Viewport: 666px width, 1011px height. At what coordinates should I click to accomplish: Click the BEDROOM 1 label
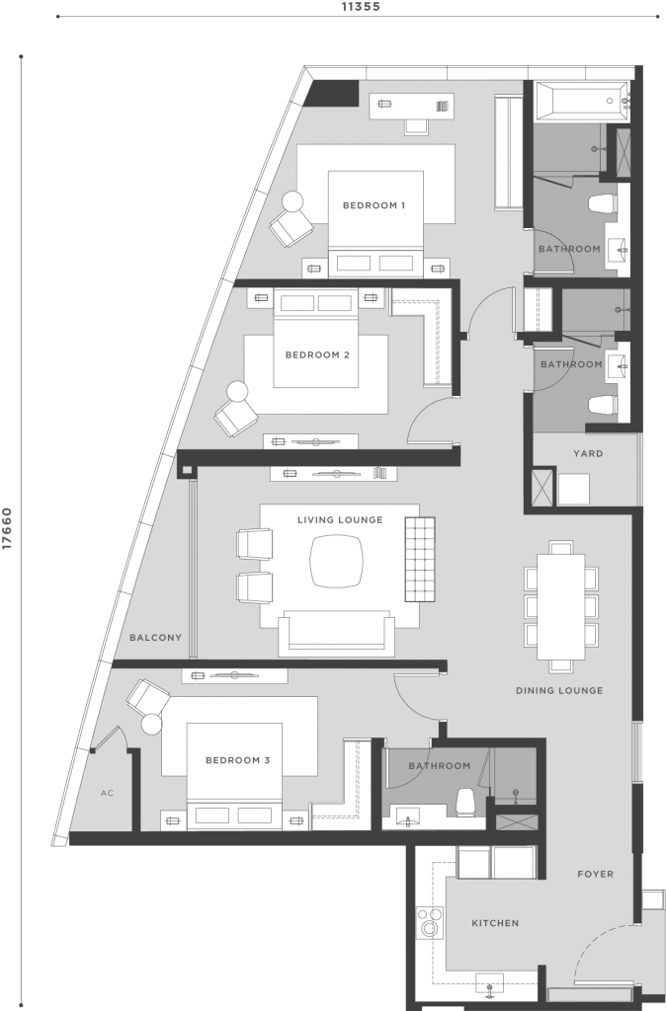pos(375,205)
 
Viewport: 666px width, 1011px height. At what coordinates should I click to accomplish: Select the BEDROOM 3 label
pos(237,760)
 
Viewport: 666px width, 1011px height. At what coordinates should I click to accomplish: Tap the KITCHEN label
pos(494,923)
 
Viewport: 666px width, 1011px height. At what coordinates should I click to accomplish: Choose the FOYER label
pos(596,874)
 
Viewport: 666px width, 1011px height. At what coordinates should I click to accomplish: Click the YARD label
pos(589,454)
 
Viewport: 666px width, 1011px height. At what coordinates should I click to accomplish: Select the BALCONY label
pos(156,638)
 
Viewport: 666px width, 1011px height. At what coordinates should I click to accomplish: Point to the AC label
pos(108,792)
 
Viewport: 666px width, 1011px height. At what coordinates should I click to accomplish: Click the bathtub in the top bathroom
pos(579,101)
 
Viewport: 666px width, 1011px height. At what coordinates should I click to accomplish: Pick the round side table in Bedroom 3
pos(151,724)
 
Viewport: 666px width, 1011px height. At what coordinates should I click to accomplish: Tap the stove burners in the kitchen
pos(431,924)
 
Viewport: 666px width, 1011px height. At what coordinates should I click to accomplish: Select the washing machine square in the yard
pos(573,489)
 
